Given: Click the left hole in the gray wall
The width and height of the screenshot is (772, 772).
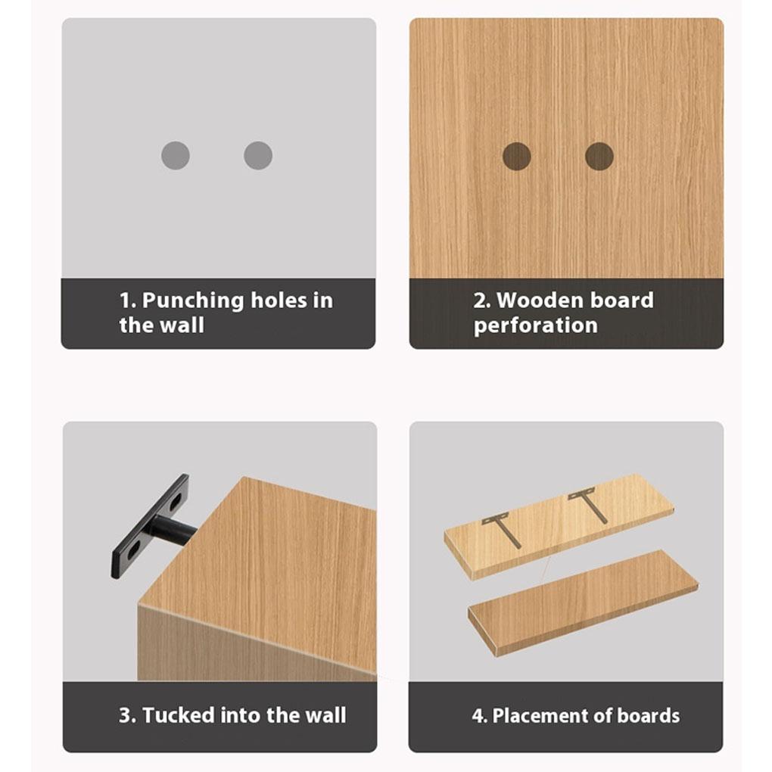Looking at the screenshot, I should coord(175,156).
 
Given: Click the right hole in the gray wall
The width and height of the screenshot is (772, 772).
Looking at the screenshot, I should coord(258,156).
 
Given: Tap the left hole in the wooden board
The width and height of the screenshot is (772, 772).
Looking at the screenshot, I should coord(516,156).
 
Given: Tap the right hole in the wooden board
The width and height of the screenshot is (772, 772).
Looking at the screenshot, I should coord(599,156).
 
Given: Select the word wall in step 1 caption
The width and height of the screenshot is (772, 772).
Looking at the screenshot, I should coord(182,326).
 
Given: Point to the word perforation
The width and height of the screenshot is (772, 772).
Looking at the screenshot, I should coord(536,326).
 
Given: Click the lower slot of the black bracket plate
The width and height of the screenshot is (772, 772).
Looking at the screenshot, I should coord(128,554).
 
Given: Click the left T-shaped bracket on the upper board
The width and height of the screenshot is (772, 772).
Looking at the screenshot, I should coord(503,528).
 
